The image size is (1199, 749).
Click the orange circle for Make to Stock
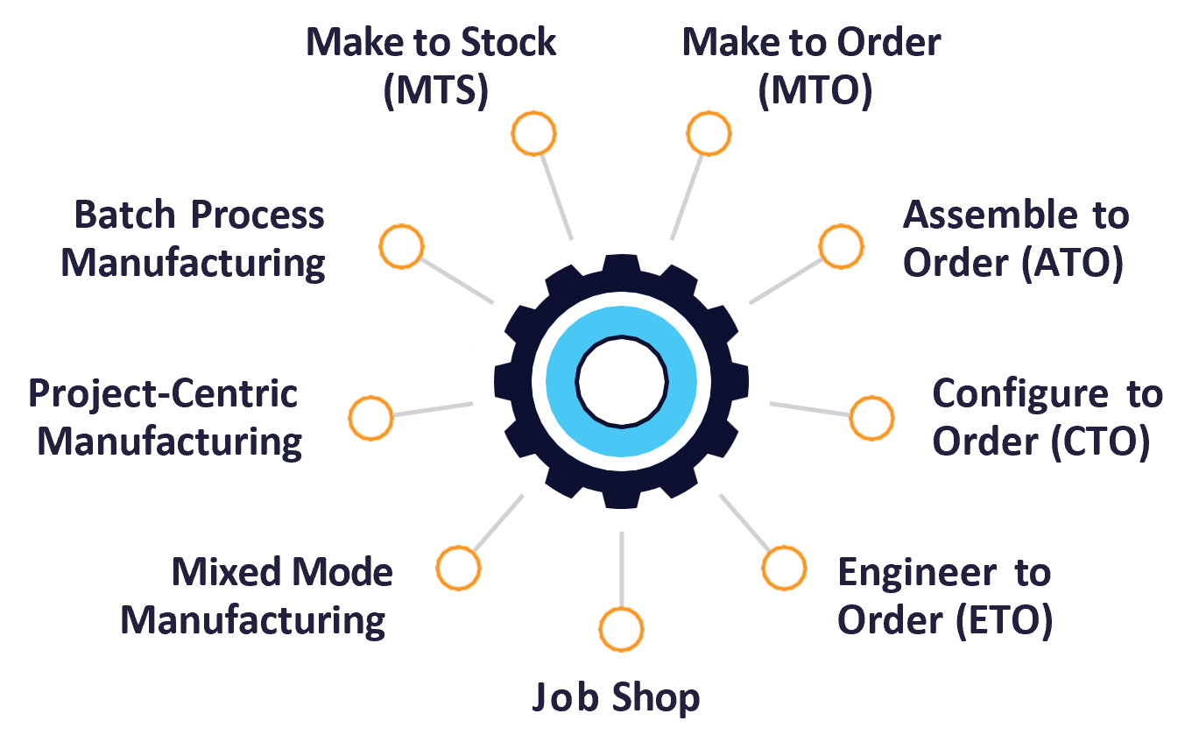pos(533,134)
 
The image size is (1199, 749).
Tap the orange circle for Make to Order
pos(709,133)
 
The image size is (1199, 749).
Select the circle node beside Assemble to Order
pos(841,246)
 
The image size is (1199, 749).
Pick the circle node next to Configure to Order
pos(871,418)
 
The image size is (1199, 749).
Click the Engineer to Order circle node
pos(783,568)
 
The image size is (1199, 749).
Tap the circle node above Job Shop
pos(621,630)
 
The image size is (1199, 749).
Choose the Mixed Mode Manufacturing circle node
pos(459,568)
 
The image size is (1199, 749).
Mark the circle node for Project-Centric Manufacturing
pos(370,418)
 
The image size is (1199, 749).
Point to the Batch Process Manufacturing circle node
pos(402,246)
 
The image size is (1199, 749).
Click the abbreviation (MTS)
pos(435,92)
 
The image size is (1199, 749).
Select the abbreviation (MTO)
pos(815,92)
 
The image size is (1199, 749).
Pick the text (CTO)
pos(1099,442)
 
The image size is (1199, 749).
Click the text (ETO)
pos(1003,620)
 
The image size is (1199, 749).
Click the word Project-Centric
pos(163,394)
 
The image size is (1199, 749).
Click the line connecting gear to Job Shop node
pos(621,569)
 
